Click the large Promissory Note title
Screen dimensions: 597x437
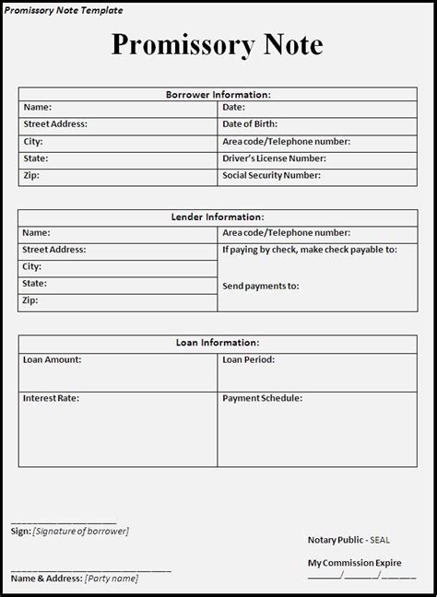point(218,44)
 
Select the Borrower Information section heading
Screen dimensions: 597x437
point(218,94)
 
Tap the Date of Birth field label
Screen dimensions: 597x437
point(250,124)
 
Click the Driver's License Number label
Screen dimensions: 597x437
point(274,158)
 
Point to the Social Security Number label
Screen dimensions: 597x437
point(271,174)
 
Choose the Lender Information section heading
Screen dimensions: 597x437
point(218,217)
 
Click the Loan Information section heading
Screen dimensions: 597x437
point(218,343)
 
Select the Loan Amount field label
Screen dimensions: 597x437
point(52,359)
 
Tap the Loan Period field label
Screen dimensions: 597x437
point(248,359)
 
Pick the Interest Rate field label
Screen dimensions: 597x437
point(51,399)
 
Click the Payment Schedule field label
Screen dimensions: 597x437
point(262,399)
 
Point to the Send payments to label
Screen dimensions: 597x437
point(260,286)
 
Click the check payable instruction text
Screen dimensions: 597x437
point(309,250)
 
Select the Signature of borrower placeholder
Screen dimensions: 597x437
point(81,532)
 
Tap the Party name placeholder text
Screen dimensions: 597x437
point(112,579)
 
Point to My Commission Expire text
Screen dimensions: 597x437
point(355,561)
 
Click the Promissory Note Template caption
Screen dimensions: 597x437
point(62,9)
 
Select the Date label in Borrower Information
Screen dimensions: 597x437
point(233,108)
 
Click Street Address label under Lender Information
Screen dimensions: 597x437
point(54,250)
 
